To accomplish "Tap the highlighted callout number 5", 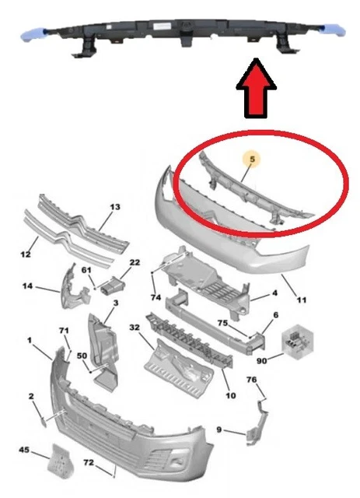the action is (252, 159).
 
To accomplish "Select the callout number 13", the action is (115, 207).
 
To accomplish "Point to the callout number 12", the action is (26, 254).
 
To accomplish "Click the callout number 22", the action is (135, 262).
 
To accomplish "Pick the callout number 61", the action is (86, 270).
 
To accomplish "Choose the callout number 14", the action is (28, 286).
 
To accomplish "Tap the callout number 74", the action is (156, 297).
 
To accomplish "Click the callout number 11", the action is (302, 300).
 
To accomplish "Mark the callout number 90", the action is (261, 360).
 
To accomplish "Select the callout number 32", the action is (135, 327).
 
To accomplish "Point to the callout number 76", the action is (251, 380).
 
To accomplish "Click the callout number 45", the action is (24, 450).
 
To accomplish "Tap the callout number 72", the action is (89, 462).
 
